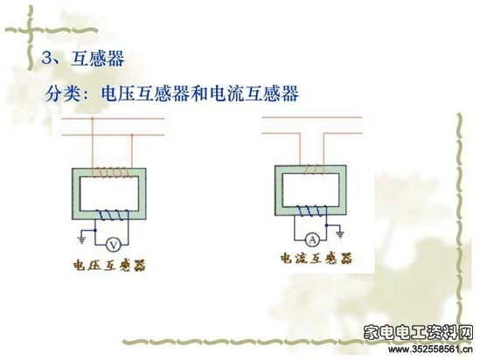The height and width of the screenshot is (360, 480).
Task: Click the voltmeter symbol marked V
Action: point(114,245)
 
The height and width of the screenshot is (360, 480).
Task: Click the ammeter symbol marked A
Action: point(312,239)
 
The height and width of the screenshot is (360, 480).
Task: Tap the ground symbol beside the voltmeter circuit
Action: point(81,239)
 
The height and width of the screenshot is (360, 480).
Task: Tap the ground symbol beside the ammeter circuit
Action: point(340,234)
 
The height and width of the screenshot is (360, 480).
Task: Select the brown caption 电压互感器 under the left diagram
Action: point(109,265)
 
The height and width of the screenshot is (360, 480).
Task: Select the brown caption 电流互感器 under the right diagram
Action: point(317,259)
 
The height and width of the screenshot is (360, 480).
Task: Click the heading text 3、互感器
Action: point(83,58)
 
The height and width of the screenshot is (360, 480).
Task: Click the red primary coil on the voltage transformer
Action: point(112,172)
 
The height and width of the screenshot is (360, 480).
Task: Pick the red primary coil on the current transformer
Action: point(313,170)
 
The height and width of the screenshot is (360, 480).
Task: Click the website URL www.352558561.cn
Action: point(430,349)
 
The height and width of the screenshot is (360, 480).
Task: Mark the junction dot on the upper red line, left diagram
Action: point(93,118)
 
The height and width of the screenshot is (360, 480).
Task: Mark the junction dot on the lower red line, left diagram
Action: point(132,135)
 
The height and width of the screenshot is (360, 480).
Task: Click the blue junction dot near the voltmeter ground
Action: point(95,230)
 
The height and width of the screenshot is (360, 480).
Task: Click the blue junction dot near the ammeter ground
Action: point(327,225)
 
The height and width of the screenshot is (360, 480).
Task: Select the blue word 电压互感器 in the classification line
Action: point(145,93)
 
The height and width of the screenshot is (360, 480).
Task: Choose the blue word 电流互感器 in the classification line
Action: point(254,93)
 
